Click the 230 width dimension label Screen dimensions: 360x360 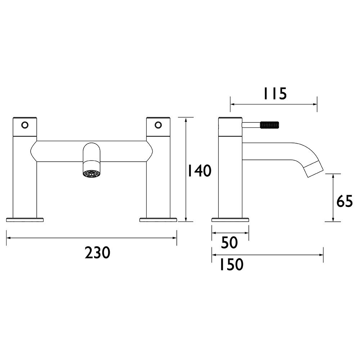point(98,253)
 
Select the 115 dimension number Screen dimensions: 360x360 point(275,94)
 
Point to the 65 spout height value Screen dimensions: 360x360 point(345,201)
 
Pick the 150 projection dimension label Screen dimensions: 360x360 point(231,264)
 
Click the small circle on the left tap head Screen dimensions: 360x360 point(25,125)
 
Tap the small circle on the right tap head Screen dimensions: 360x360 point(158,125)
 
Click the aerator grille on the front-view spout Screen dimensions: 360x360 point(91,174)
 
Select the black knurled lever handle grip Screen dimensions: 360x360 point(270,125)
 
